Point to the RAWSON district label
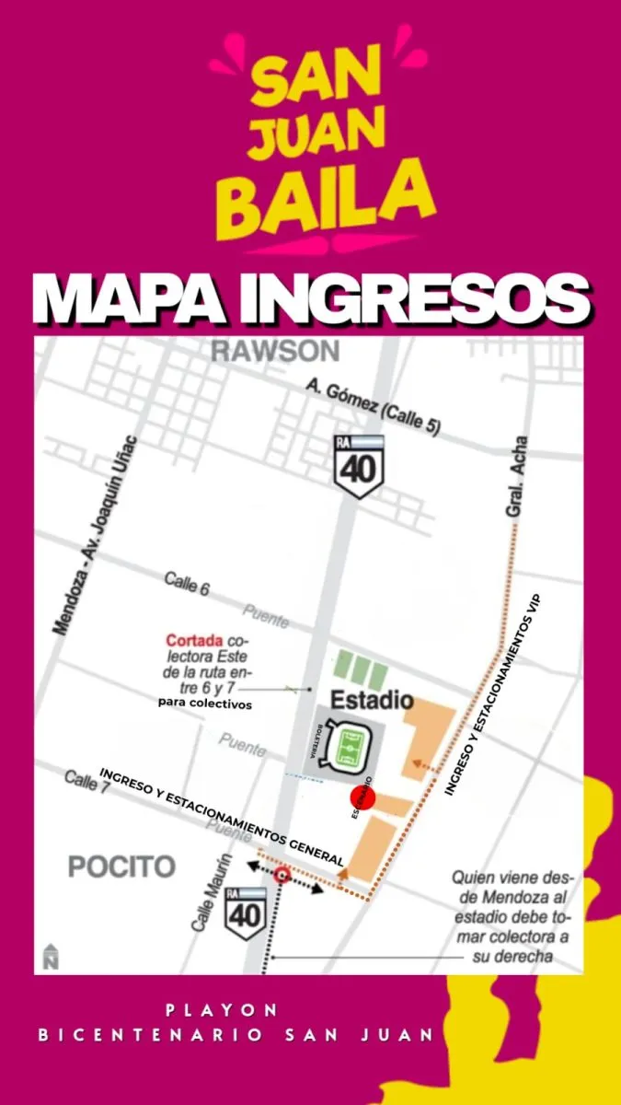pyautogui.click(x=274, y=351)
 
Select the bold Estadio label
pyautogui.click(x=372, y=700)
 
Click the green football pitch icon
pyautogui.click(x=348, y=747)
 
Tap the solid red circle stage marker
pyautogui.click(x=362, y=800)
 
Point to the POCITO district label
pyautogui.click(x=121, y=867)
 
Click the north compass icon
pyautogui.click(x=49, y=957)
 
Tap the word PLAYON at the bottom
pyautogui.click(x=223, y=1010)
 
